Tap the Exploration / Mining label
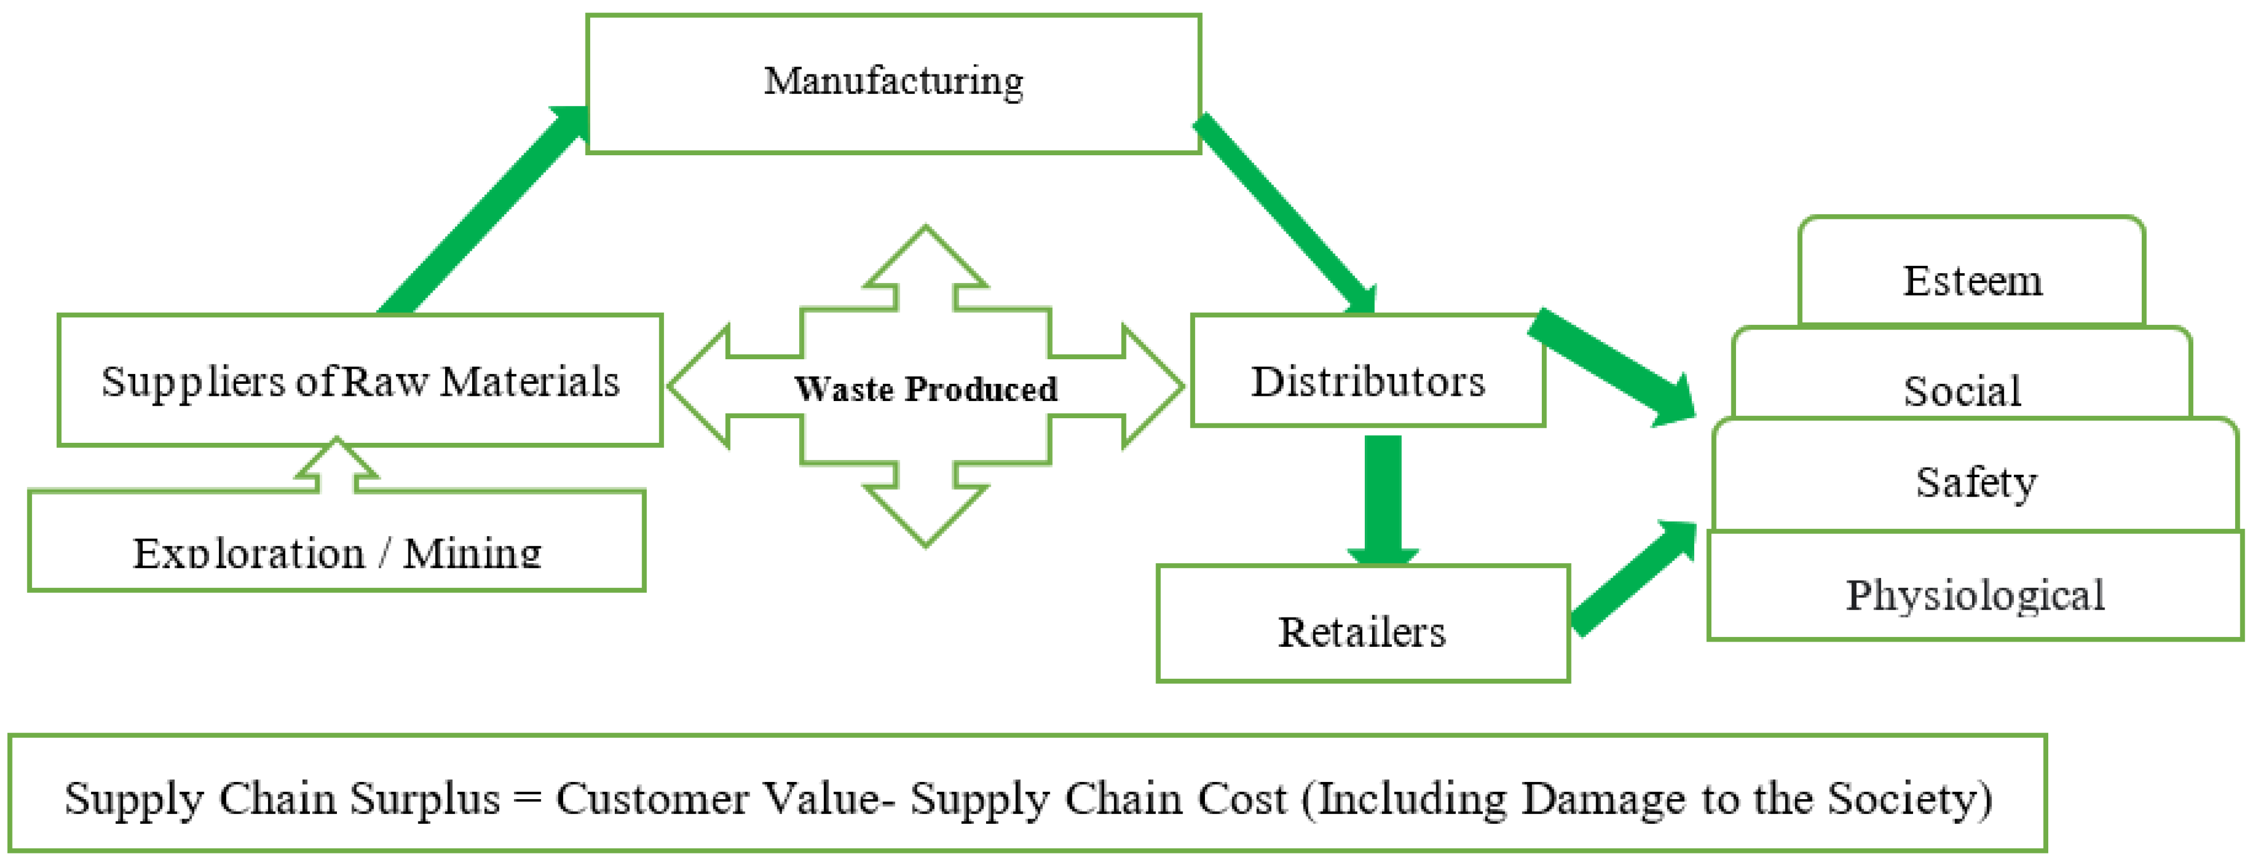pos(336,552)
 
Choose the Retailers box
pos(1361,631)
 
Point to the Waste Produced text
pos(926,388)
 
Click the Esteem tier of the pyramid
pos(1972,281)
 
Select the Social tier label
pos(1962,390)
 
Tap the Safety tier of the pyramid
pos(1976,481)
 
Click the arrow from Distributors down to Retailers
pos(1383,500)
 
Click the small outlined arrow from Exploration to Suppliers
pos(336,465)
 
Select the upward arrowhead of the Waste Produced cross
pos(926,258)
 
